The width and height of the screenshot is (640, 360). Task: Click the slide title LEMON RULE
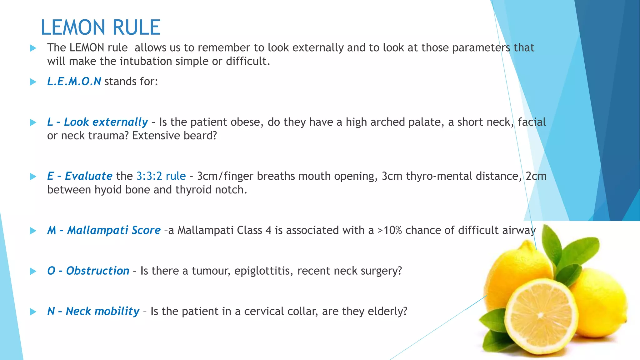100,27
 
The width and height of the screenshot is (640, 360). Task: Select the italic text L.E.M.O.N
74,82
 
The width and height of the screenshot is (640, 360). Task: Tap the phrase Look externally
106,122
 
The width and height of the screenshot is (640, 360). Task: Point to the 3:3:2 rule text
161,176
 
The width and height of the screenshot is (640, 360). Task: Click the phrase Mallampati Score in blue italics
114,230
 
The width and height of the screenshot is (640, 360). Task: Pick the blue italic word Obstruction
97,271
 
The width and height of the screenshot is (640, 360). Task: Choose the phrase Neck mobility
102,312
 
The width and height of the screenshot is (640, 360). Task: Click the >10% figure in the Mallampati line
390,230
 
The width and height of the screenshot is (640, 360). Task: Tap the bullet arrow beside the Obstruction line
33,271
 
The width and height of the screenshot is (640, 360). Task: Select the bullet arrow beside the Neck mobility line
33,312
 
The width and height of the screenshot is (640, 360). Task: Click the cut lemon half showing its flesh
540,316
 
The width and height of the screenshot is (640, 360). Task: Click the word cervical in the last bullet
264,312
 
